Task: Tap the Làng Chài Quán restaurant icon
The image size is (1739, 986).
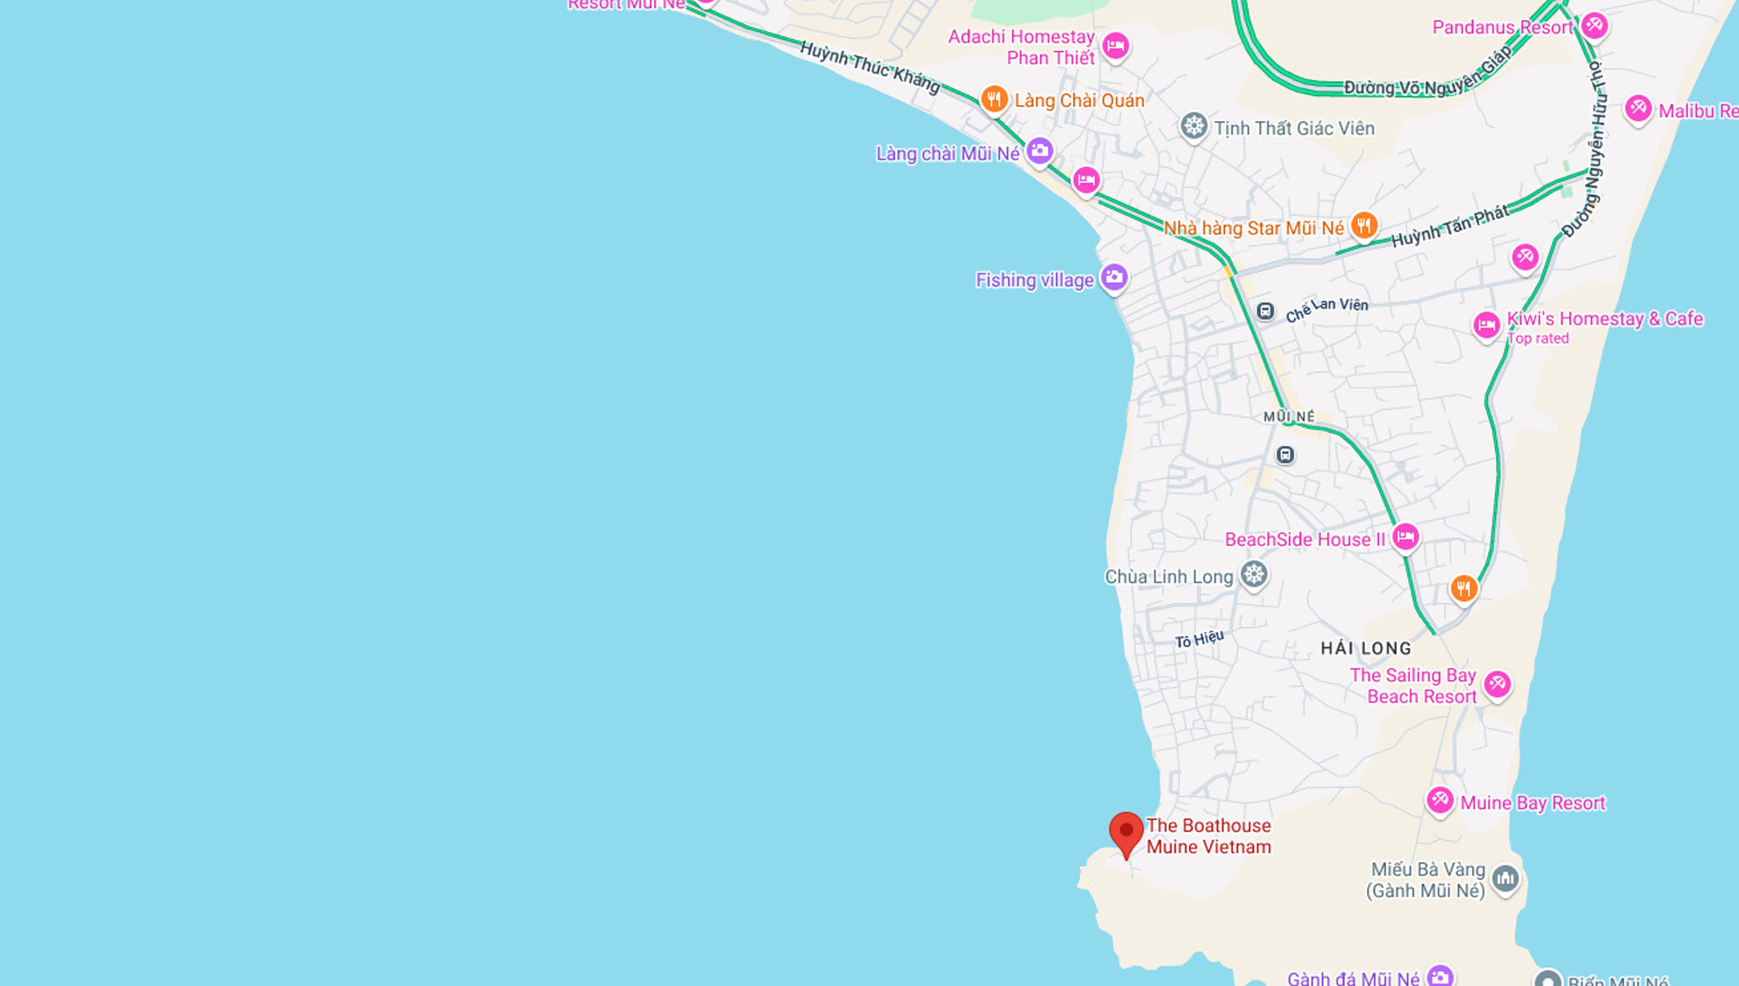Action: tap(993, 99)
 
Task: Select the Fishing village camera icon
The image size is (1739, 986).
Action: tap(1113, 277)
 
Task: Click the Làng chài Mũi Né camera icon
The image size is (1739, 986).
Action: tap(1039, 151)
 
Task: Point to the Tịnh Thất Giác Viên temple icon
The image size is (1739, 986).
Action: tap(1194, 127)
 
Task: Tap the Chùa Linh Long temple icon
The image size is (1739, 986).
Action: tap(1254, 574)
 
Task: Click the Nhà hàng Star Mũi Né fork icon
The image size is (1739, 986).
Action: tap(1364, 226)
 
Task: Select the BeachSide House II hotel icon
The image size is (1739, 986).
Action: tap(1405, 537)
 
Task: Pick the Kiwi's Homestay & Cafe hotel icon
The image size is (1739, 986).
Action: tap(1486, 324)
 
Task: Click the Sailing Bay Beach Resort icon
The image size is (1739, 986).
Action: tap(1497, 684)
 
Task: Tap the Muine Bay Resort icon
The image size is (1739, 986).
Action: tap(1440, 800)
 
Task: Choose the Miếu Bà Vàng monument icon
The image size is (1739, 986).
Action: tap(1505, 878)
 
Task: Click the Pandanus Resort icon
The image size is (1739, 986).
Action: tap(1594, 25)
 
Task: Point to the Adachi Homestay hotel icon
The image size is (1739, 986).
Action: tap(1115, 45)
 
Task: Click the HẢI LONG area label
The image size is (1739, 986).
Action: tap(1365, 648)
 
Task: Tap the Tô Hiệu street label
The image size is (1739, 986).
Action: tap(1199, 639)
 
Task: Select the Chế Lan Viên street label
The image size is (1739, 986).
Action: tap(1326, 308)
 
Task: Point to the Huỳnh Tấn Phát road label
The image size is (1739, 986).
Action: tap(1449, 226)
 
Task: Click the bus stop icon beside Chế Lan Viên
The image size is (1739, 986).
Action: tap(1265, 311)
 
